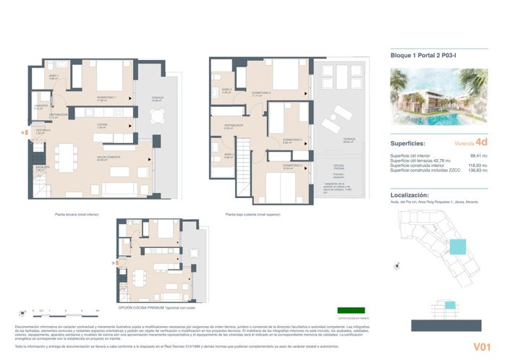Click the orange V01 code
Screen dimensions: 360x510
click(x=483, y=347)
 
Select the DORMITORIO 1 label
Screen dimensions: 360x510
click(x=106, y=98)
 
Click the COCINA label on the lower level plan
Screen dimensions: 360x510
click(x=102, y=124)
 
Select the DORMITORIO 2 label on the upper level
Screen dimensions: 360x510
click(x=261, y=93)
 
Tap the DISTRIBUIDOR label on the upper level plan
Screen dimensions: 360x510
click(x=233, y=125)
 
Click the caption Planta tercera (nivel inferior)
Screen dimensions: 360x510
click(x=77, y=214)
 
